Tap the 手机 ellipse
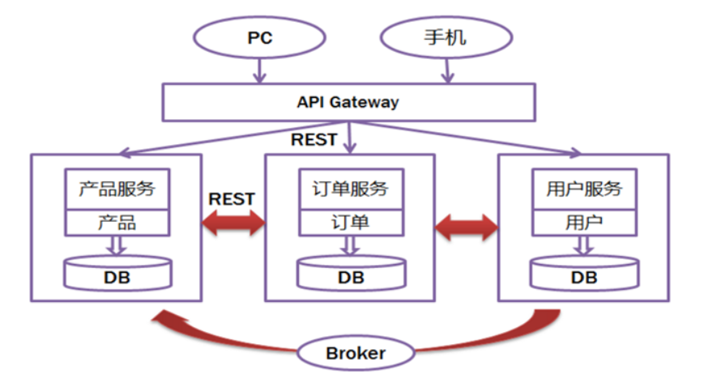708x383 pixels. [446, 38]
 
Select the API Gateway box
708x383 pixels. [348, 102]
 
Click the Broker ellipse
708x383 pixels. [356, 353]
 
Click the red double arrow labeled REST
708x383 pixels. [233, 223]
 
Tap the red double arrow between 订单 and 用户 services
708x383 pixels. [467, 227]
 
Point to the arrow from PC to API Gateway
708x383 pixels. [258, 71]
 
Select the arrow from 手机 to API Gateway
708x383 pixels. [445, 71]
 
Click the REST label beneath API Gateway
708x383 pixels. [313, 139]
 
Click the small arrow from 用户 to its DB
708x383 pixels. [583, 245]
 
